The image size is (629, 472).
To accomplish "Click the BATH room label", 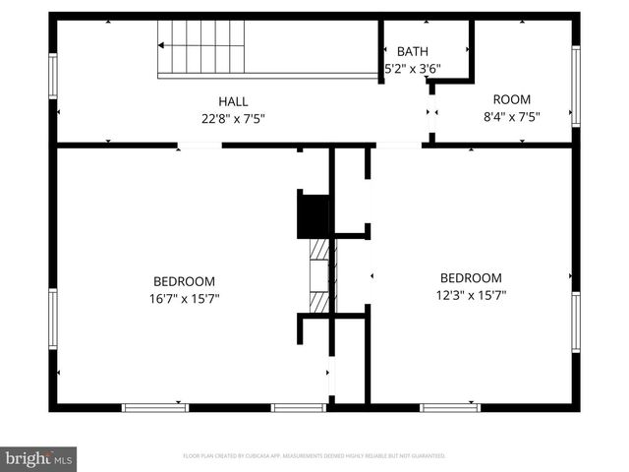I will (412, 51).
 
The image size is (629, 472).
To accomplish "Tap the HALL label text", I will (233, 101).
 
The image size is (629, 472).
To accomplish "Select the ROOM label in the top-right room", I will (511, 99).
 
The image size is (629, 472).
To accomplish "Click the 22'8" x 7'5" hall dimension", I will (233, 118).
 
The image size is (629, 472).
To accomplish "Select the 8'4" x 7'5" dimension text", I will (511, 116).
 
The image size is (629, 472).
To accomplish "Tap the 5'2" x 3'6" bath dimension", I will (413, 69).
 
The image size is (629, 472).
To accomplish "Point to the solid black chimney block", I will (314, 215).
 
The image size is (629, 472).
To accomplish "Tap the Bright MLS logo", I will (39, 457).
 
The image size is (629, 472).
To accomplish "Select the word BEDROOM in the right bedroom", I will (471, 278).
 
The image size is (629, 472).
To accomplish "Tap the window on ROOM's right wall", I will (576, 86).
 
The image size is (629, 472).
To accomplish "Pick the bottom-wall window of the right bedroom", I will (449, 406).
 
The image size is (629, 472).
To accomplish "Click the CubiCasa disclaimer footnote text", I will (314, 456).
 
